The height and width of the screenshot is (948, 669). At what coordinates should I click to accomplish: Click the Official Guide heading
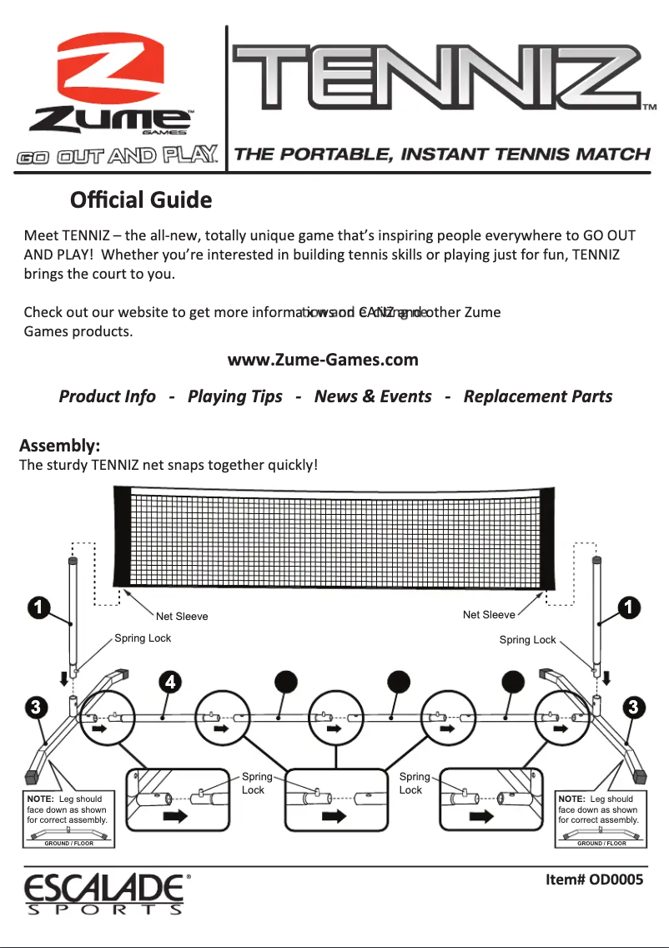click(141, 201)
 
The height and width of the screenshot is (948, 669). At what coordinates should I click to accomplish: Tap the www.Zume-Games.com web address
click(323, 360)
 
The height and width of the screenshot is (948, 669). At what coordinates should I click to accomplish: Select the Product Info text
click(107, 396)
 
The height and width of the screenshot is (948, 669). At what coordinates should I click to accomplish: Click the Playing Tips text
click(234, 396)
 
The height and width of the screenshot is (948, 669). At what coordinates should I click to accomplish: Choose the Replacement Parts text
click(537, 396)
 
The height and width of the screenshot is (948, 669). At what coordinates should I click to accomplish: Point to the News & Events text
click(373, 396)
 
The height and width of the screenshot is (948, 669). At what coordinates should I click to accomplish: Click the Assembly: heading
click(60, 443)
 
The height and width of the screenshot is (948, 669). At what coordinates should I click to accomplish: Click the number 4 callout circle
click(170, 681)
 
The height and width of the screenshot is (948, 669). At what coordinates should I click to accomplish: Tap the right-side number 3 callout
click(633, 708)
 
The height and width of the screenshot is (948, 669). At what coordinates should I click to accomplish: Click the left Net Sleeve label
click(182, 617)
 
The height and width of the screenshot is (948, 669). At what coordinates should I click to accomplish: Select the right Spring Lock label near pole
click(527, 640)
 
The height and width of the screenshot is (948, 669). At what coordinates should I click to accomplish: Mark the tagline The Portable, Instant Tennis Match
click(442, 154)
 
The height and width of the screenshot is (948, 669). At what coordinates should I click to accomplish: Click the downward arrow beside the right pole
click(606, 675)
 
